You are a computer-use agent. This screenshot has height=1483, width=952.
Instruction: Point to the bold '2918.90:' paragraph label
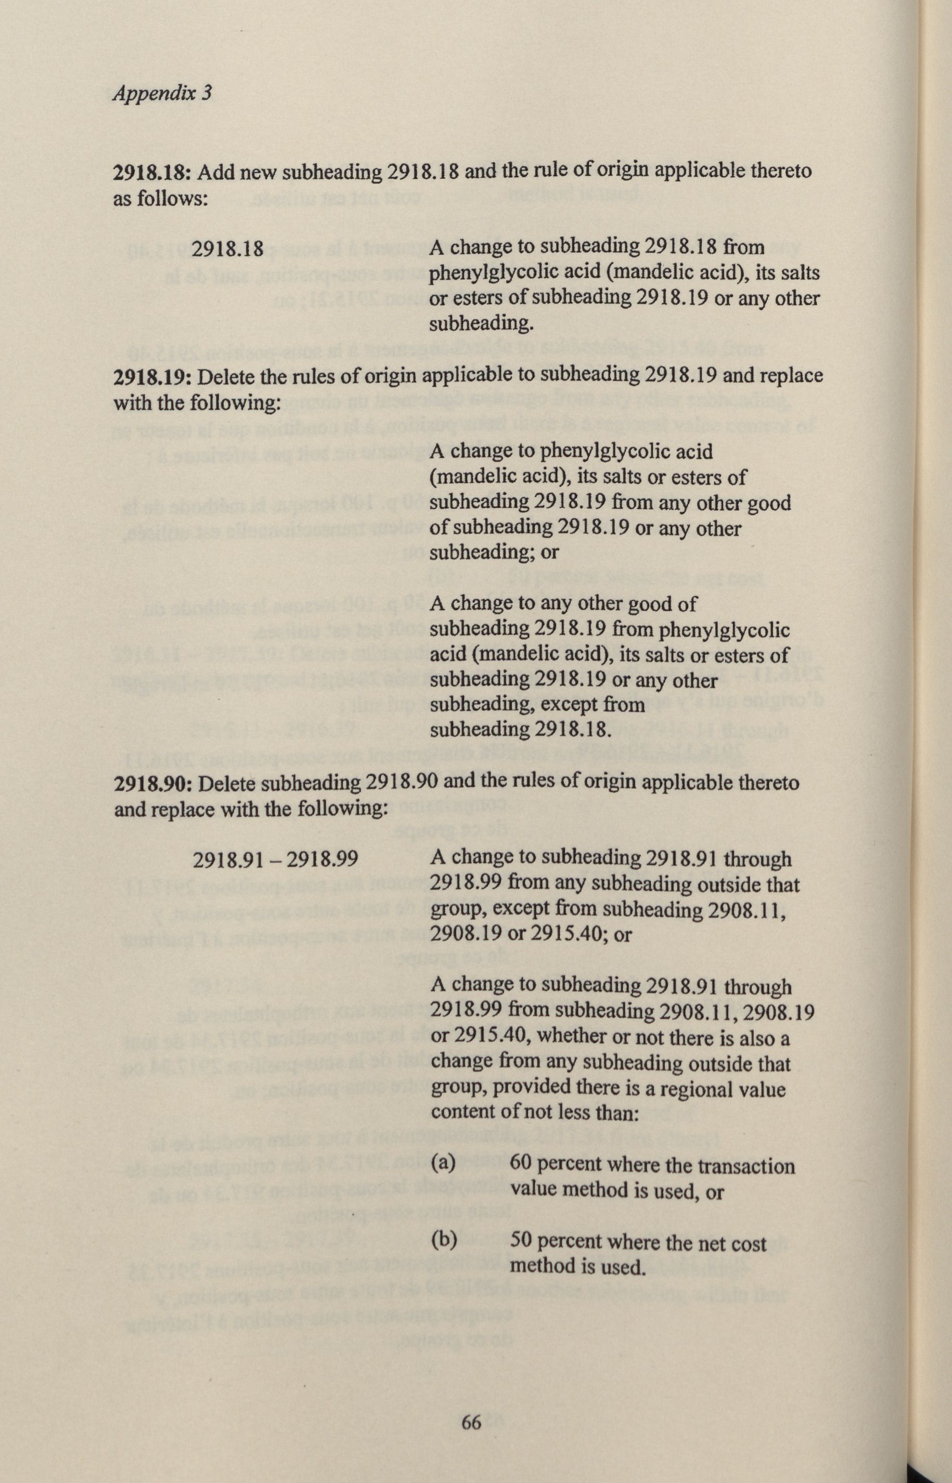[155, 784]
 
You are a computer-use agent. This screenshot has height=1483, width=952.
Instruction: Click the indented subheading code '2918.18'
[228, 249]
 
